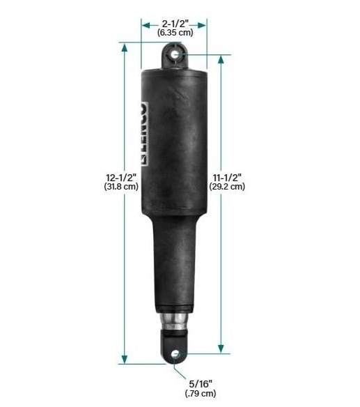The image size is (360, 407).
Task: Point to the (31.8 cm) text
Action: pos(120,187)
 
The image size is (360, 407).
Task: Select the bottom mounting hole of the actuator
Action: pos(175,355)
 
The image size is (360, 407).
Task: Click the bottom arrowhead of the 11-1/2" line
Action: pos(221,348)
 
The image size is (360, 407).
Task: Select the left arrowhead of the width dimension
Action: pos(145,24)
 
